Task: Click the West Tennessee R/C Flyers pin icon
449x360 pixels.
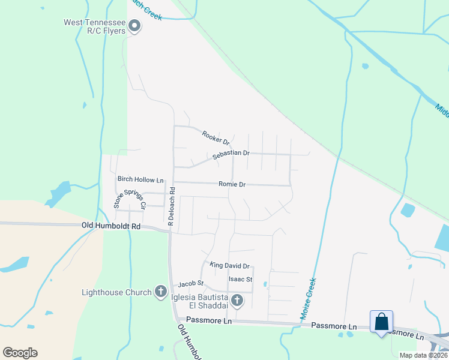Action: [x=135, y=26]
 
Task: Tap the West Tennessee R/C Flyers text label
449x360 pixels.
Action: [x=95, y=26]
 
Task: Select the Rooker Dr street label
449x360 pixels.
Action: [x=216, y=138]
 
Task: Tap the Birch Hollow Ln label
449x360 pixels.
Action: [x=140, y=179]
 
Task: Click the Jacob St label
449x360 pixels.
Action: [x=191, y=283]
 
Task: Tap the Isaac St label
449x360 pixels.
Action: [x=240, y=280]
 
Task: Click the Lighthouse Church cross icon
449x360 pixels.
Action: [x=161, y=292]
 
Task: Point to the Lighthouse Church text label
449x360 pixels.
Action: [x=116, y=292]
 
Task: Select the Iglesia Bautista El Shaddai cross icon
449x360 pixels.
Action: [x=238, y=299]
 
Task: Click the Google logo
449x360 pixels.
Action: [x=20, y=353]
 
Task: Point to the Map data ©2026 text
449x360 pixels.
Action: [x=423, y=355]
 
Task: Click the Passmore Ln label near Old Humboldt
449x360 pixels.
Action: [x=209, y=321]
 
